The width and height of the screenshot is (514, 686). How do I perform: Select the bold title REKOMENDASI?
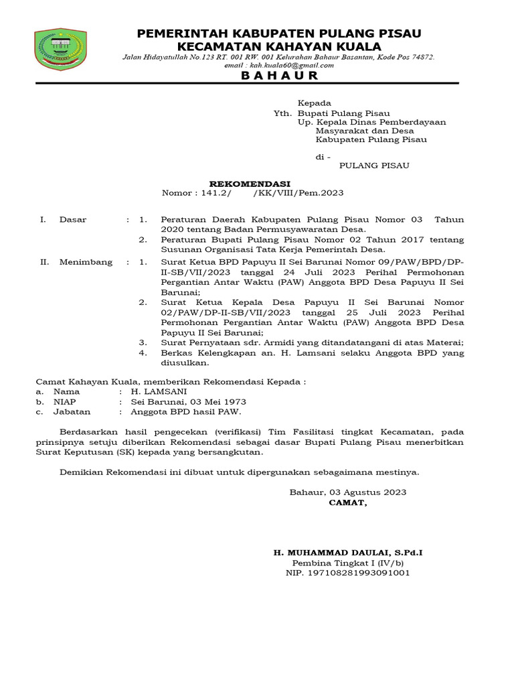[x=250, y=182]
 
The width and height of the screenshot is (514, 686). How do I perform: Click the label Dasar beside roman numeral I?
[x=73, y=219]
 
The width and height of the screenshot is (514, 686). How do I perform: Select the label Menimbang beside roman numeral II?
[x=86, y=262]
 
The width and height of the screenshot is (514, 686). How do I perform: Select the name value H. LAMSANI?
[x=159, y=391]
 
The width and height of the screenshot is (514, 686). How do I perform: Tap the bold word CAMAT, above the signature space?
[x=347, y=502]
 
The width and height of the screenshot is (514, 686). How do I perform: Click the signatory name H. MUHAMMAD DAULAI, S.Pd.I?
[x=347, y=552]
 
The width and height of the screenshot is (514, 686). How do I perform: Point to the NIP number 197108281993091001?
[x=347, y=573]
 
